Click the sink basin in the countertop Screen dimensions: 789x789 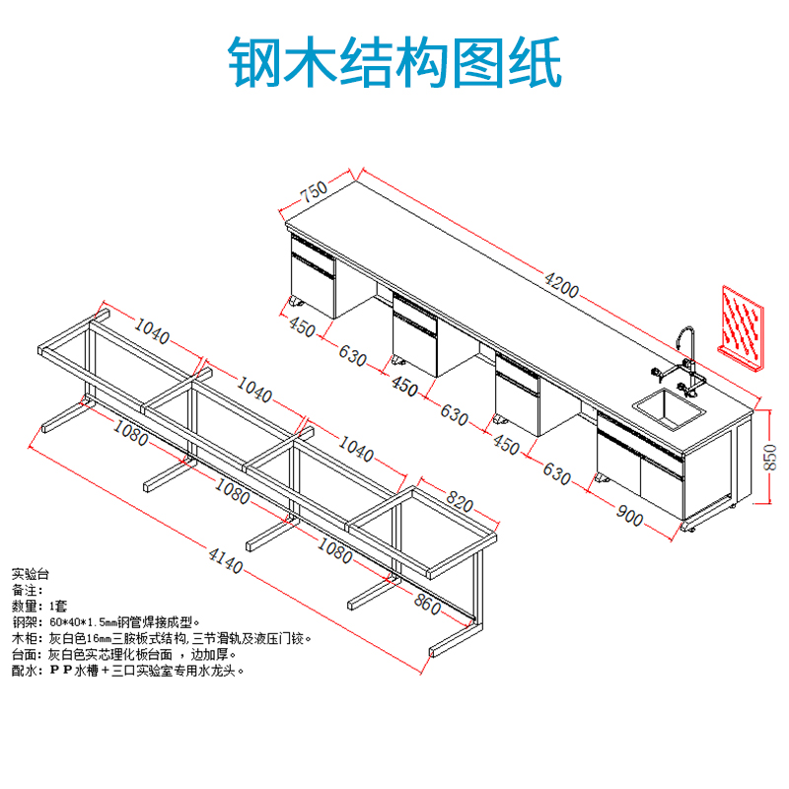(669, 408)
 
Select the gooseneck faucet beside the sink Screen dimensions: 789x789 (687, 350)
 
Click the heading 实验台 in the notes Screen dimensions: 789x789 (30, 572)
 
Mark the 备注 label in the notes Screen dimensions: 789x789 (28, 589)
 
